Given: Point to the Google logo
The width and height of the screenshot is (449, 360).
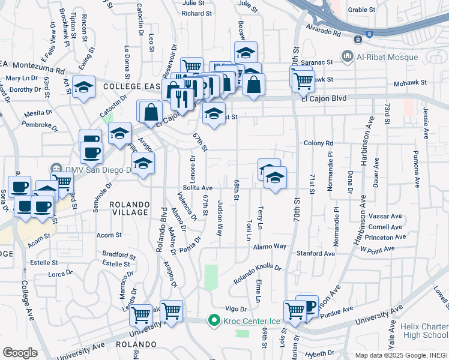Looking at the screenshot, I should [20, 353].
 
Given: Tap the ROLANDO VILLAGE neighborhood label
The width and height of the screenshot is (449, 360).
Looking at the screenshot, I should [129, 208].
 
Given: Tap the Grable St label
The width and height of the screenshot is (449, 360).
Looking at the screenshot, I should [361, 10].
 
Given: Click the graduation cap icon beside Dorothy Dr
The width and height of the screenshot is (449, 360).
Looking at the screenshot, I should [83, 86].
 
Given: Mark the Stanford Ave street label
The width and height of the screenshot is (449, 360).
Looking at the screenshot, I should [322, 254].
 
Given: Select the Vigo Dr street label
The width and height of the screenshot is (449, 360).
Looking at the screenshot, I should [236, 308].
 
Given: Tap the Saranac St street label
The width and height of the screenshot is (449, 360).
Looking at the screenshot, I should [318, 62].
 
